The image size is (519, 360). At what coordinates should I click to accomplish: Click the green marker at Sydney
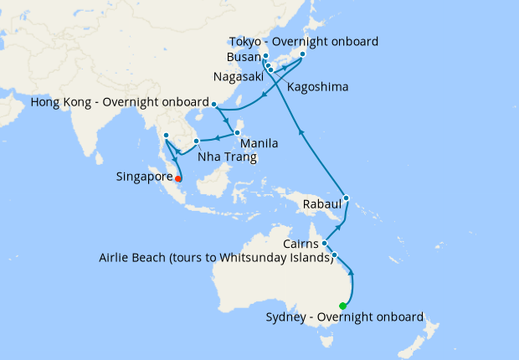(x=342, y=306)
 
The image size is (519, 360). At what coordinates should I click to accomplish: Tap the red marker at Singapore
(x=179, y=177)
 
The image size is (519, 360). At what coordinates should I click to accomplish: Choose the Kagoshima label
(x=317, y=87)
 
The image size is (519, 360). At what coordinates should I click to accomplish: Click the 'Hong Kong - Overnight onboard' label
(x=117, y=103)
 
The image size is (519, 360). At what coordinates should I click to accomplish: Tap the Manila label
(x=260, y=144)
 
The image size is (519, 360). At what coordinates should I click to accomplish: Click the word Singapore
(x=143, y=177)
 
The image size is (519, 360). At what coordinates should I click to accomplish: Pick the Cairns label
(x=299, y=243)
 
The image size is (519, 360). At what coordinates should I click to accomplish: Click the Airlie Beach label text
(x=216, y=257)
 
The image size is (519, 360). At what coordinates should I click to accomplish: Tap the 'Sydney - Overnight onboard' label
(x=344, y=317)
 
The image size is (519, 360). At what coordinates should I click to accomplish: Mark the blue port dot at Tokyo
(x=301, y=54)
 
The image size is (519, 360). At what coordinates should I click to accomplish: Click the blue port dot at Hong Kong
(x=214, y=105)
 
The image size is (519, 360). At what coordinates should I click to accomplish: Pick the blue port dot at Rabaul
(x=347, y=198)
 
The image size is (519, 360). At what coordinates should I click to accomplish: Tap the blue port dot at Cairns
(x=324, y=244)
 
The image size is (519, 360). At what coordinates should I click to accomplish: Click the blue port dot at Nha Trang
(x=196, y=141)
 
